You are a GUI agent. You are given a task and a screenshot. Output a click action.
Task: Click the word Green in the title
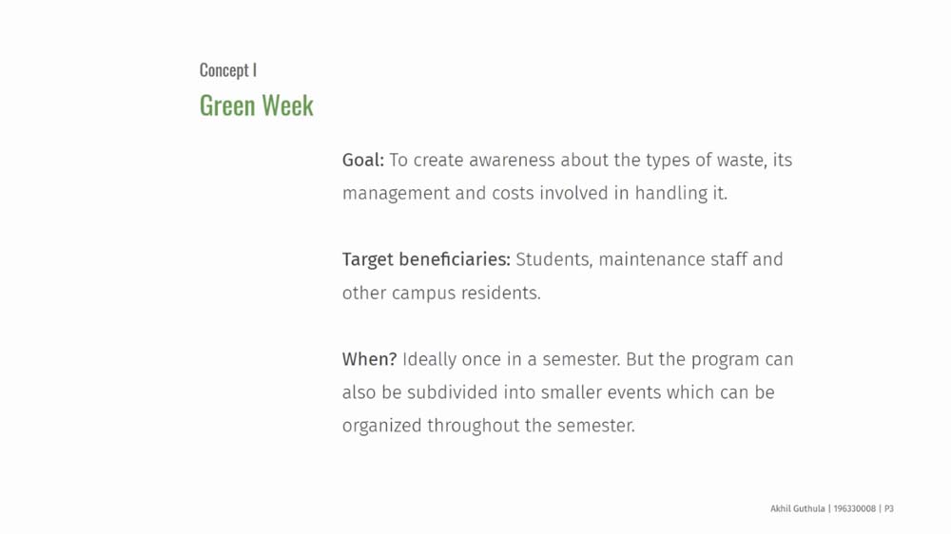click(x=227, y=105)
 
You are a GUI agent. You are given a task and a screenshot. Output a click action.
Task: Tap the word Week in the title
click(x=287, y=105)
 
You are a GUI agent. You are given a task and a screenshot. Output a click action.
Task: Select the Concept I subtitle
click(x=228, y=70)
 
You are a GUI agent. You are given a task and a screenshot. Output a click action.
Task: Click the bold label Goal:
click(x=362, y=160)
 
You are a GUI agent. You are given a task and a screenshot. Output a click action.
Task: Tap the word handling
click(x=662, y=193)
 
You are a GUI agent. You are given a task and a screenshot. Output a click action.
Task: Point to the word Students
click(x=554, y=259)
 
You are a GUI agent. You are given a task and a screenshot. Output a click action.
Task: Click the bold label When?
click(x=369, y=359)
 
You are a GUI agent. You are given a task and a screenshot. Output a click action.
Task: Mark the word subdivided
click(x=453, y=392)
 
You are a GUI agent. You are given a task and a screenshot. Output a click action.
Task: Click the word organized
click(x=382, y=426)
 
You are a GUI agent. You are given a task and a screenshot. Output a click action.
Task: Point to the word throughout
click(x=474, y=426)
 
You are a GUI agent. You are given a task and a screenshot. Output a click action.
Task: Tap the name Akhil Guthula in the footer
click(x=798, y=508)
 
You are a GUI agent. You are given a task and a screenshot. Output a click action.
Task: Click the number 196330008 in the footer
click(x=855, y=508)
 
